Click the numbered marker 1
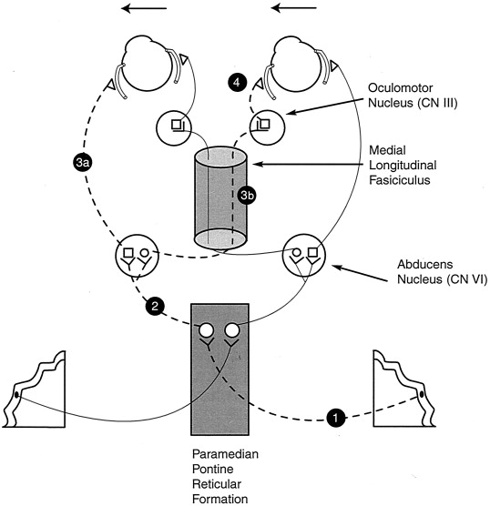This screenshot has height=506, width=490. coord(335,418)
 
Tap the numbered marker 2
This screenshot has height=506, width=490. coord(155,306)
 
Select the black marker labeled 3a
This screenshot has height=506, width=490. coord(82,163)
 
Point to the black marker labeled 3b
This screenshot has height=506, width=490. coord(247,195)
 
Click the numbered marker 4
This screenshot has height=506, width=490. coord(237,83)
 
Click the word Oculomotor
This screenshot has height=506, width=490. coord(400,87)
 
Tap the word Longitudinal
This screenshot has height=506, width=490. coord(403,166)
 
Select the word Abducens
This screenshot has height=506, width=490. coord(424,264)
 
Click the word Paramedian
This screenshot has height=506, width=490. coord(225,454)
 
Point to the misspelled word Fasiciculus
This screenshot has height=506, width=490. coord(399,180)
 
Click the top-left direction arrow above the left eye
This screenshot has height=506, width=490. coord(144,8)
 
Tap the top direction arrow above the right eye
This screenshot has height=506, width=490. coord(293,8)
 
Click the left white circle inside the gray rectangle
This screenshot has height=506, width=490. coord(207,330)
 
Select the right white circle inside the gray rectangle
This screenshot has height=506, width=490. coord(232,330)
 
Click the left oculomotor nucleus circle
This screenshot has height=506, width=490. coord(174,127)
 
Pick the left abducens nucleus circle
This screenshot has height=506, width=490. coord(138,256)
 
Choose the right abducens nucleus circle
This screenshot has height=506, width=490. coord(304,256)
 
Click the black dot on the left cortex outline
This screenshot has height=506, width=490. coord(16,394)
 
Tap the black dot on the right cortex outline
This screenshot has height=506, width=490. coord(421,394)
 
